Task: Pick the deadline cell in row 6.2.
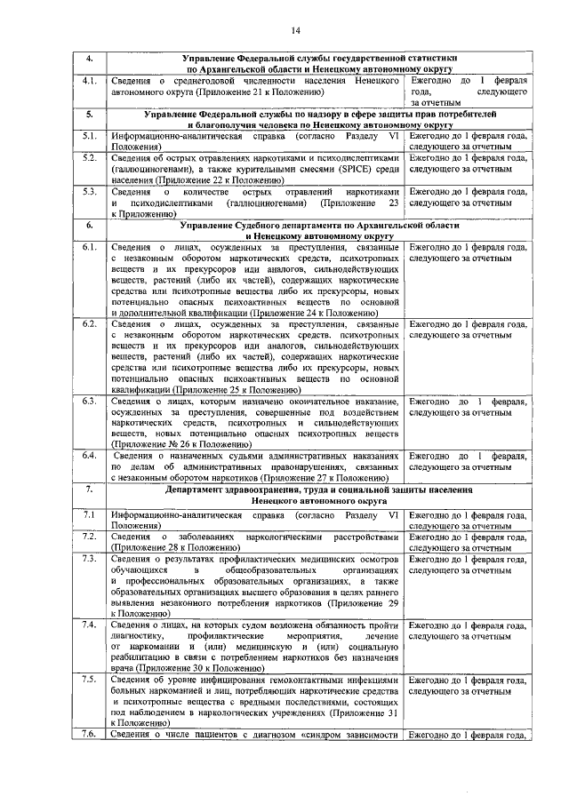tap(464, 330)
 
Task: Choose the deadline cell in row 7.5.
tap(464, 684)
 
